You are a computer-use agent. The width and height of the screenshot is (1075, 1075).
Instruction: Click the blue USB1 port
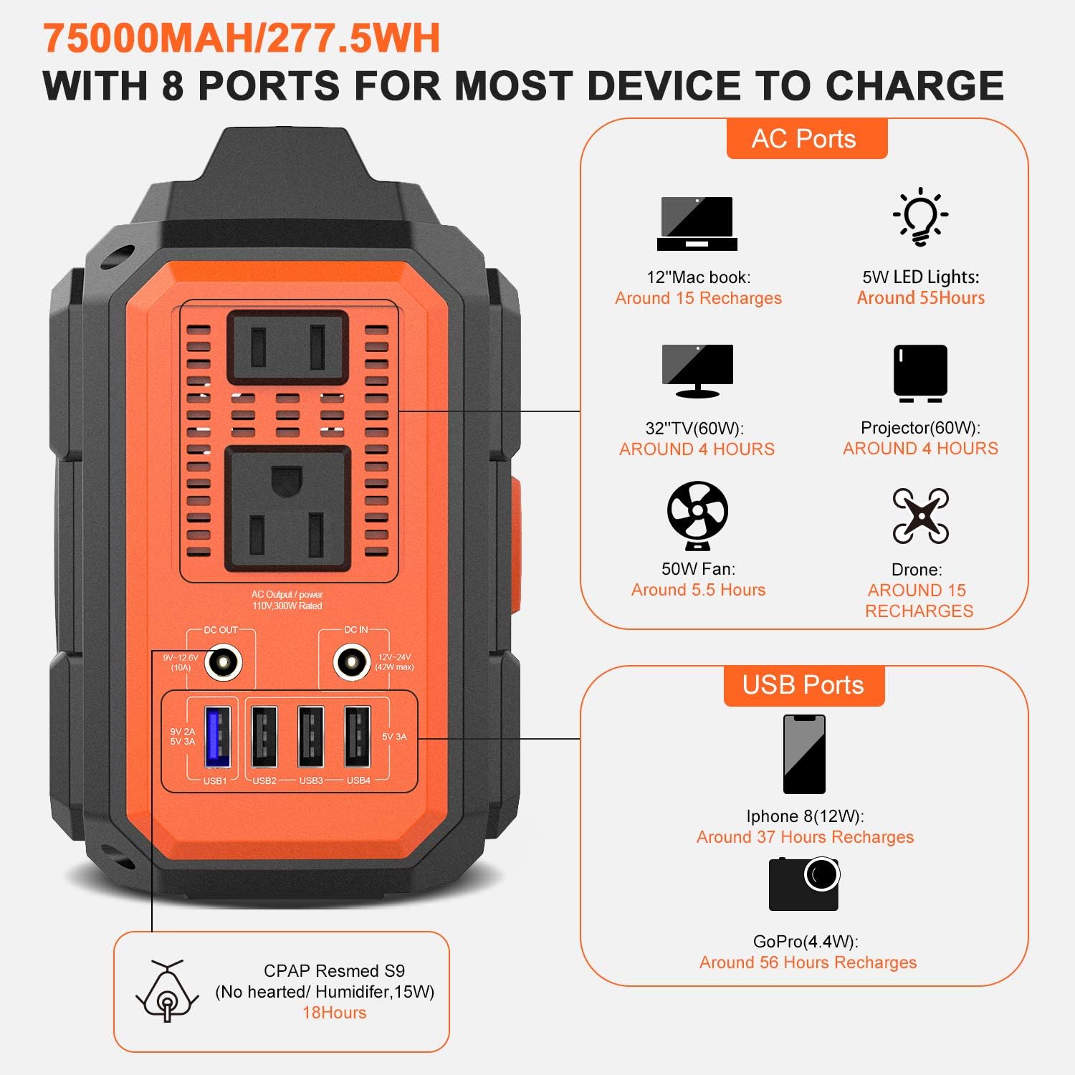(x=218, y=737)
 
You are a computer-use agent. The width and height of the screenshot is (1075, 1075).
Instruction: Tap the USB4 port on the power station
(x=358, y=737)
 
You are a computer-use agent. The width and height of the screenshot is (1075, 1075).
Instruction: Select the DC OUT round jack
(x=224, y=663)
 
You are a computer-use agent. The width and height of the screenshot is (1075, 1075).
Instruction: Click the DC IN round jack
(x=352, y=663)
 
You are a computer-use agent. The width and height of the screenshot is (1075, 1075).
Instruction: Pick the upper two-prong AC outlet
(x=288, y=347)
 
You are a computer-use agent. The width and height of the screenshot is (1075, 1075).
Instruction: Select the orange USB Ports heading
(x=803, y=685)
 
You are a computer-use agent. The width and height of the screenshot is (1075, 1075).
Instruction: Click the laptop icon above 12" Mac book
(x=697, y=224)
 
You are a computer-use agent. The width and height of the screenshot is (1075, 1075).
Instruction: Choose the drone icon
(x=920, y=516)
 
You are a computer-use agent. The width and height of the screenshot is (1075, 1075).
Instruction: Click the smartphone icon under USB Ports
(x=804, y=754)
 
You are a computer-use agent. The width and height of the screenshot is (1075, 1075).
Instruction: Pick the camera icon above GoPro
(x=804, y=884)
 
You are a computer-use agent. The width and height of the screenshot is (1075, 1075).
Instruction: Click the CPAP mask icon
(x=167, y=991)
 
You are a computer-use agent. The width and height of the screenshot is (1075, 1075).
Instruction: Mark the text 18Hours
(x=334, y=1013)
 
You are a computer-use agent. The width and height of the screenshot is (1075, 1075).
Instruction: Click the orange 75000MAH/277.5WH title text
(x=242, y=39)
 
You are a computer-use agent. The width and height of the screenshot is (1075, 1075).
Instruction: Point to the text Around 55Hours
(x=920, y=298)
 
